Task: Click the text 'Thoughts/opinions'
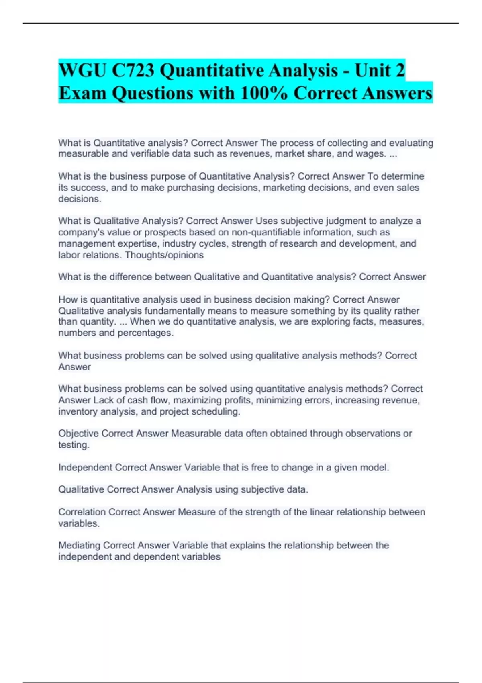point(164,255)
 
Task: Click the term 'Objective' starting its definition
point(78,434)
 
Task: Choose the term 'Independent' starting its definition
point(85,468)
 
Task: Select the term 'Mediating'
point(79,546)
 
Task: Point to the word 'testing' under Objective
point(73,445)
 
